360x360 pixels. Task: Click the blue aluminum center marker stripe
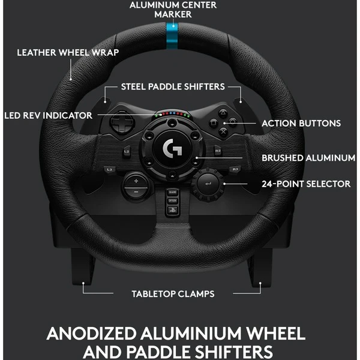pos(172,35)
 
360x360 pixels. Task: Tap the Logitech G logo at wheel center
pos(172,148)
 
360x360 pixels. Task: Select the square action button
pos(213,123)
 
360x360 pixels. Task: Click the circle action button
pos(233,122)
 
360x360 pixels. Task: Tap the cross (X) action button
pos(223,131)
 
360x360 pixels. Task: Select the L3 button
pos(109,169)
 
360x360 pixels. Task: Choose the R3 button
pos(235,169)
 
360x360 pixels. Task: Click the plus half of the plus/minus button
pos(136,181)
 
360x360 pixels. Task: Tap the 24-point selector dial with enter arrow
pos(208,184)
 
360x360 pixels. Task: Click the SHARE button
pos(172,192)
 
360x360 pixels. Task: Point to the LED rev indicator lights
pos(172,114)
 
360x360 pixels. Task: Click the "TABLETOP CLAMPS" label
pos(173,294)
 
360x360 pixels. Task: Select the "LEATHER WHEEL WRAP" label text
pos(68,53)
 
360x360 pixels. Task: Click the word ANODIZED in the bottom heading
pos(92,334)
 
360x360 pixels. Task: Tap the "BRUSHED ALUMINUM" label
pos(308,158)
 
